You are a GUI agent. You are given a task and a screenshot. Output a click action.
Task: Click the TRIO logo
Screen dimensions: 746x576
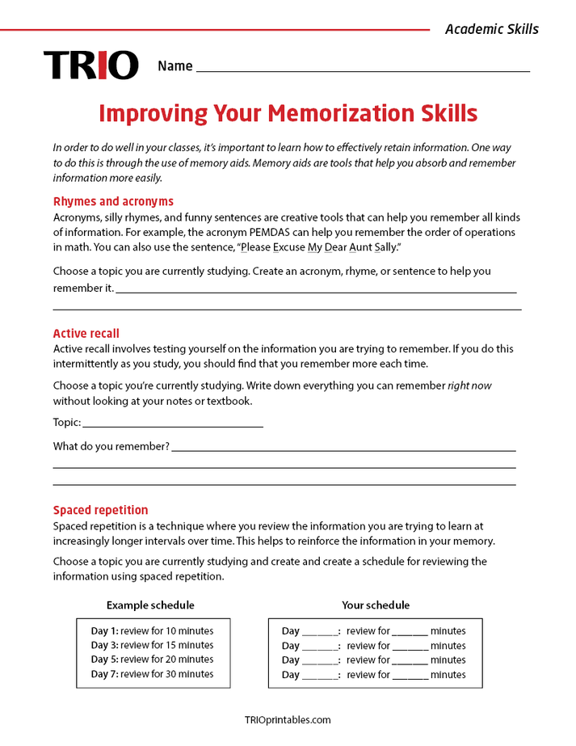90,65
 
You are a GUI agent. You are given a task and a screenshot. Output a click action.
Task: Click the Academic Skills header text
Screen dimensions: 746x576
491,29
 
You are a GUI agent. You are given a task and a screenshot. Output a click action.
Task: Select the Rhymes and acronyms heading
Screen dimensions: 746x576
113,201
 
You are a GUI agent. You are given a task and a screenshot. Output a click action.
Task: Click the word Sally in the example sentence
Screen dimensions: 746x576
385,247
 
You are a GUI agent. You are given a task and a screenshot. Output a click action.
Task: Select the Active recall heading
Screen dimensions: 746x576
86,333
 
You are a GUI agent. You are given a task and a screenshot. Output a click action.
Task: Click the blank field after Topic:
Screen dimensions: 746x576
173,423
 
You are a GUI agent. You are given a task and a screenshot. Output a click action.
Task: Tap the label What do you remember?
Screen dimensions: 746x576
111,446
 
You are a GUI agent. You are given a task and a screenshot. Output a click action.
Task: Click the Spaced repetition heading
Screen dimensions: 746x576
100,510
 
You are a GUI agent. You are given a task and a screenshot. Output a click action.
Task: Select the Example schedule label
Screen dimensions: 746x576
150,605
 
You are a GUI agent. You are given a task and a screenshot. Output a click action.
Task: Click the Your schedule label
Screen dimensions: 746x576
376,605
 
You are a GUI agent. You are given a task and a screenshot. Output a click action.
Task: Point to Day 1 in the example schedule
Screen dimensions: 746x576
104,631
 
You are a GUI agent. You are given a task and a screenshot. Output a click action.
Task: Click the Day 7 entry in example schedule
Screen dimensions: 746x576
104,674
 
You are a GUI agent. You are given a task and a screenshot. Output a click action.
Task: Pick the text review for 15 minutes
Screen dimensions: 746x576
167,646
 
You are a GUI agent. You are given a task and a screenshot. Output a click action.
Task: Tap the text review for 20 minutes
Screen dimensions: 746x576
167,660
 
